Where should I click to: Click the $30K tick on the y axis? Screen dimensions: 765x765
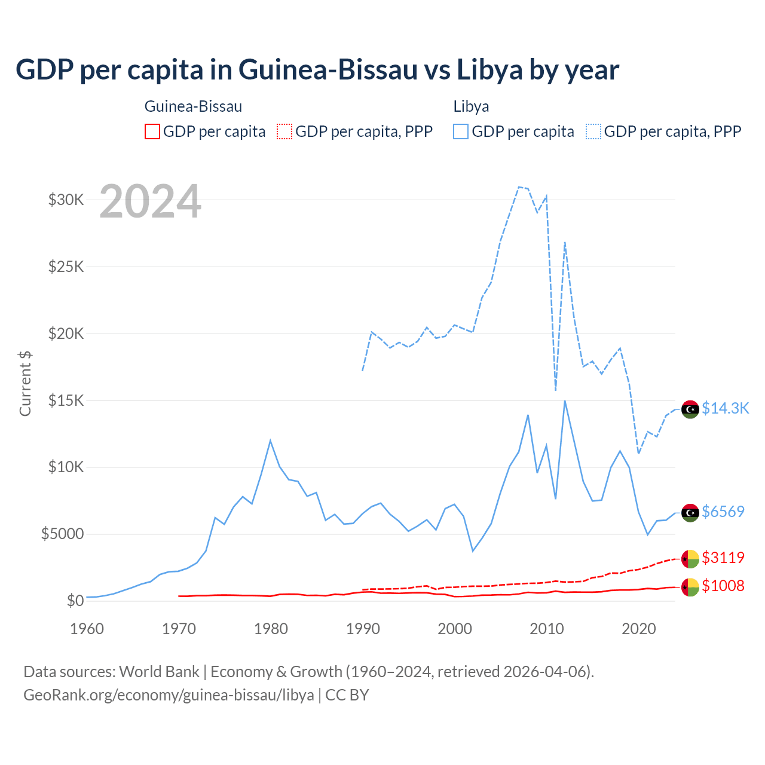tap(66, 200)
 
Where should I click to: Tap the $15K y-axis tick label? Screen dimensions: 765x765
tap(66, 400)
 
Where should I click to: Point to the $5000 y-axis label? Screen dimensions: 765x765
tap(63, 534)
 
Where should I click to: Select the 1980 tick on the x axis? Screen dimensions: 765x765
tap(271, 628)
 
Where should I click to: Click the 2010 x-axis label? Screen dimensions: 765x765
tap(547, 628)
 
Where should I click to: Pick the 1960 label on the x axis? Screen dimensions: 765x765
tap(87, 628)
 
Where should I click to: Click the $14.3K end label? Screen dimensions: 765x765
tap(725, 408)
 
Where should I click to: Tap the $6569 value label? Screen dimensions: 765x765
tap(723, 512)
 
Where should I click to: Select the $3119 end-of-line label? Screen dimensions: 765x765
tap(723, 558)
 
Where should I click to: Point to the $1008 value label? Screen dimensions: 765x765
tap(723, 586)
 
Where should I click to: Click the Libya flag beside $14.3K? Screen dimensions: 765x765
tap(690, 409)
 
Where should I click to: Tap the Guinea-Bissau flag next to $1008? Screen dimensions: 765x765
tap(690, 587)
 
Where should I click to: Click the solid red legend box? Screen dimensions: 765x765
tap(152, 131)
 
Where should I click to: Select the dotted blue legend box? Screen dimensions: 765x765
tap(593, 131)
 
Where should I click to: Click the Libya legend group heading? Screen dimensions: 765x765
tap(471, 106)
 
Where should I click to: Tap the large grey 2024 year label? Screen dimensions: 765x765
tap(150, 201)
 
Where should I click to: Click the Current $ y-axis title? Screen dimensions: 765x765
tap(25, 383)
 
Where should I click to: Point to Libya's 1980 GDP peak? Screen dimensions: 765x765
tap(270, 441)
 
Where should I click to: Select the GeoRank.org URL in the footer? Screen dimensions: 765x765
tap(169, 695)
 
